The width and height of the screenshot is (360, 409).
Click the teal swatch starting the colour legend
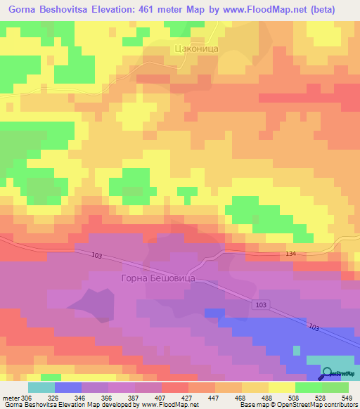41,387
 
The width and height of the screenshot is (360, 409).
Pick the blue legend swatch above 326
67,387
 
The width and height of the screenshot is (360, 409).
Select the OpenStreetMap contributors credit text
313,405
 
